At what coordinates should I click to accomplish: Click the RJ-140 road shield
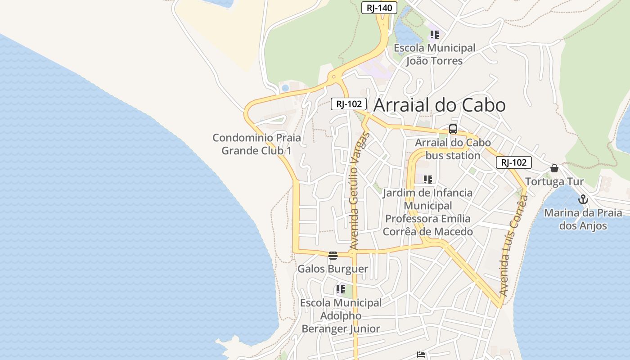379,8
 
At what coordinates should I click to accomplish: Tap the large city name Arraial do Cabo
440,105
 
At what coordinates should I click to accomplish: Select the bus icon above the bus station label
453,129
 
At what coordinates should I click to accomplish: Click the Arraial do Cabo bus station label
453,149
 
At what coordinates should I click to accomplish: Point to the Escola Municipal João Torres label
434,54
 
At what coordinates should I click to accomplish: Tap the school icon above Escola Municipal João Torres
434,34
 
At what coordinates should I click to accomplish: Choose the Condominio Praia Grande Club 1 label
256,144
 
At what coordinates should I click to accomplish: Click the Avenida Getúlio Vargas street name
359,191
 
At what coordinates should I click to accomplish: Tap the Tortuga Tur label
554,182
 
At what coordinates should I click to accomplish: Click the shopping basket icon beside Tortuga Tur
554,168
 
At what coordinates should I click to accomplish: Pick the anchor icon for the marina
583,199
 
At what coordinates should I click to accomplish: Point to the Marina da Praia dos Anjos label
583,219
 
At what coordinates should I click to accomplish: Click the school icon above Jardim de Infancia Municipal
427,180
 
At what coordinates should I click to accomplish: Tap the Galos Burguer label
333,269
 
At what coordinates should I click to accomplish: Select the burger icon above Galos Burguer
333,256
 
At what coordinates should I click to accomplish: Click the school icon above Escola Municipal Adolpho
341,289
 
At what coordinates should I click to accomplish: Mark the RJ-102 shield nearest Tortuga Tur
513,162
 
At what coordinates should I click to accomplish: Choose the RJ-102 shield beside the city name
349,104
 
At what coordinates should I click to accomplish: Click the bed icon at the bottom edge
421,355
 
